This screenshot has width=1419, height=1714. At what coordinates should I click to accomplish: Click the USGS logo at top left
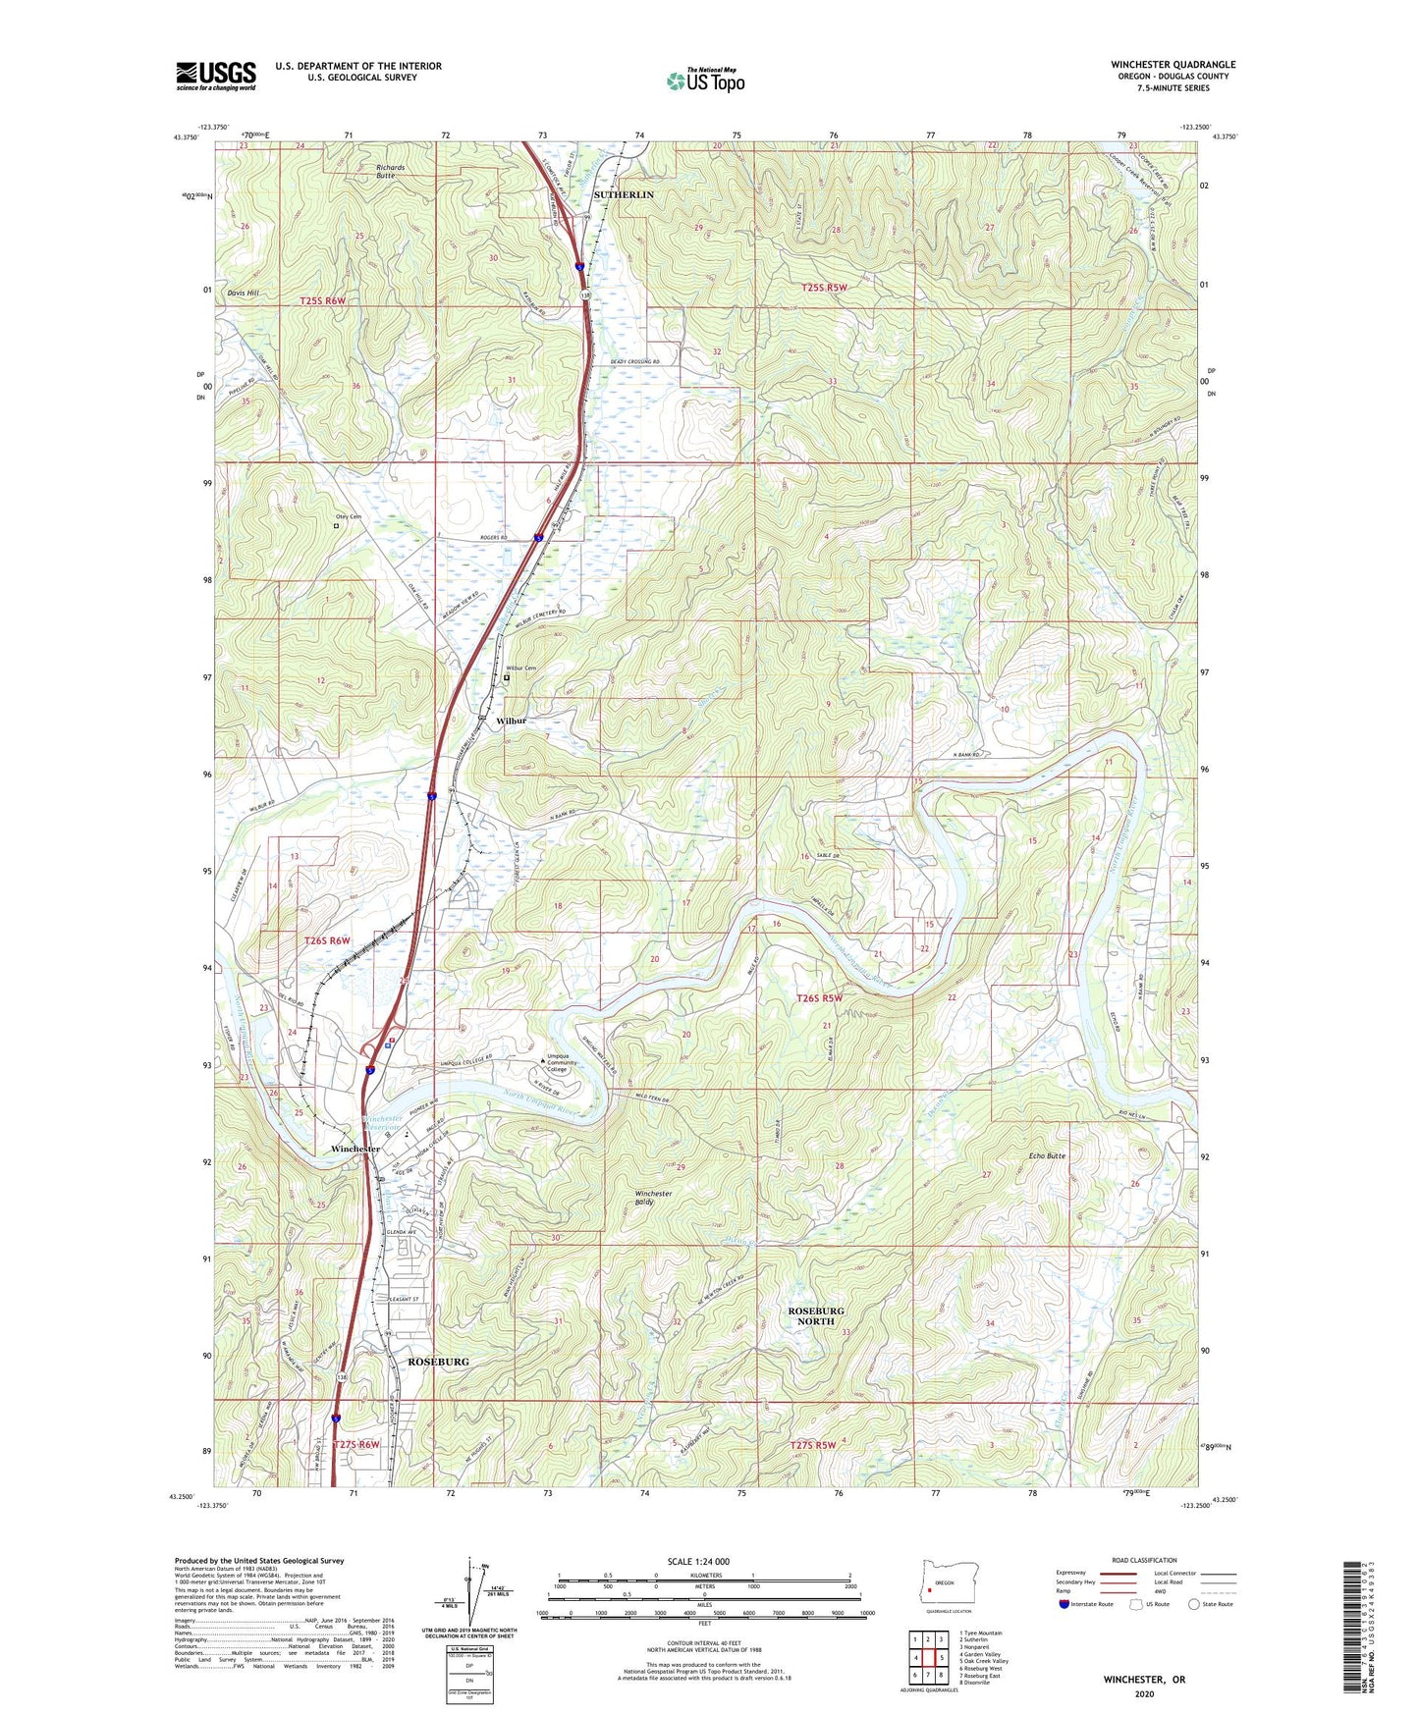[216, 76]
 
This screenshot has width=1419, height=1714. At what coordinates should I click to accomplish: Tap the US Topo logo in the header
[705, 80]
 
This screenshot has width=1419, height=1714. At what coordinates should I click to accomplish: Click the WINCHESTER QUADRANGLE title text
[1173, 65]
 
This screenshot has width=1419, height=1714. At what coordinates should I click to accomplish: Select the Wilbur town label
[511, 721]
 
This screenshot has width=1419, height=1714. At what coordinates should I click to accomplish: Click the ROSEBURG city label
[438, 1362]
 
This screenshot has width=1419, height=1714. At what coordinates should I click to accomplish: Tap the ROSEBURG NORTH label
[815, 1315]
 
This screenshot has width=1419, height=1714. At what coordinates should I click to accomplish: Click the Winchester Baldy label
[652, 1198]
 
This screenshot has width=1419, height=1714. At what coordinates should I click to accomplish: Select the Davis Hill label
[243, 293]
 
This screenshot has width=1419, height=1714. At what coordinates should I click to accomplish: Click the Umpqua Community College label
[563, 1062]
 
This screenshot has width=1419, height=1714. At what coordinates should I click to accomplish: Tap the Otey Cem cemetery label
[350, 516]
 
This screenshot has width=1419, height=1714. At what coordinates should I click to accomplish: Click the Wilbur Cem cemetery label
[523, 669]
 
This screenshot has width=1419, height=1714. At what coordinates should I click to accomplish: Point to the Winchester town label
[355, 1149]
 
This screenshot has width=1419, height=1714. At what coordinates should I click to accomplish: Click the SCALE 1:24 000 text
[697, 1561]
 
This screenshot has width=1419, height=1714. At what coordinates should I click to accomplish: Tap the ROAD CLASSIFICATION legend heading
[1143, 1560]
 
